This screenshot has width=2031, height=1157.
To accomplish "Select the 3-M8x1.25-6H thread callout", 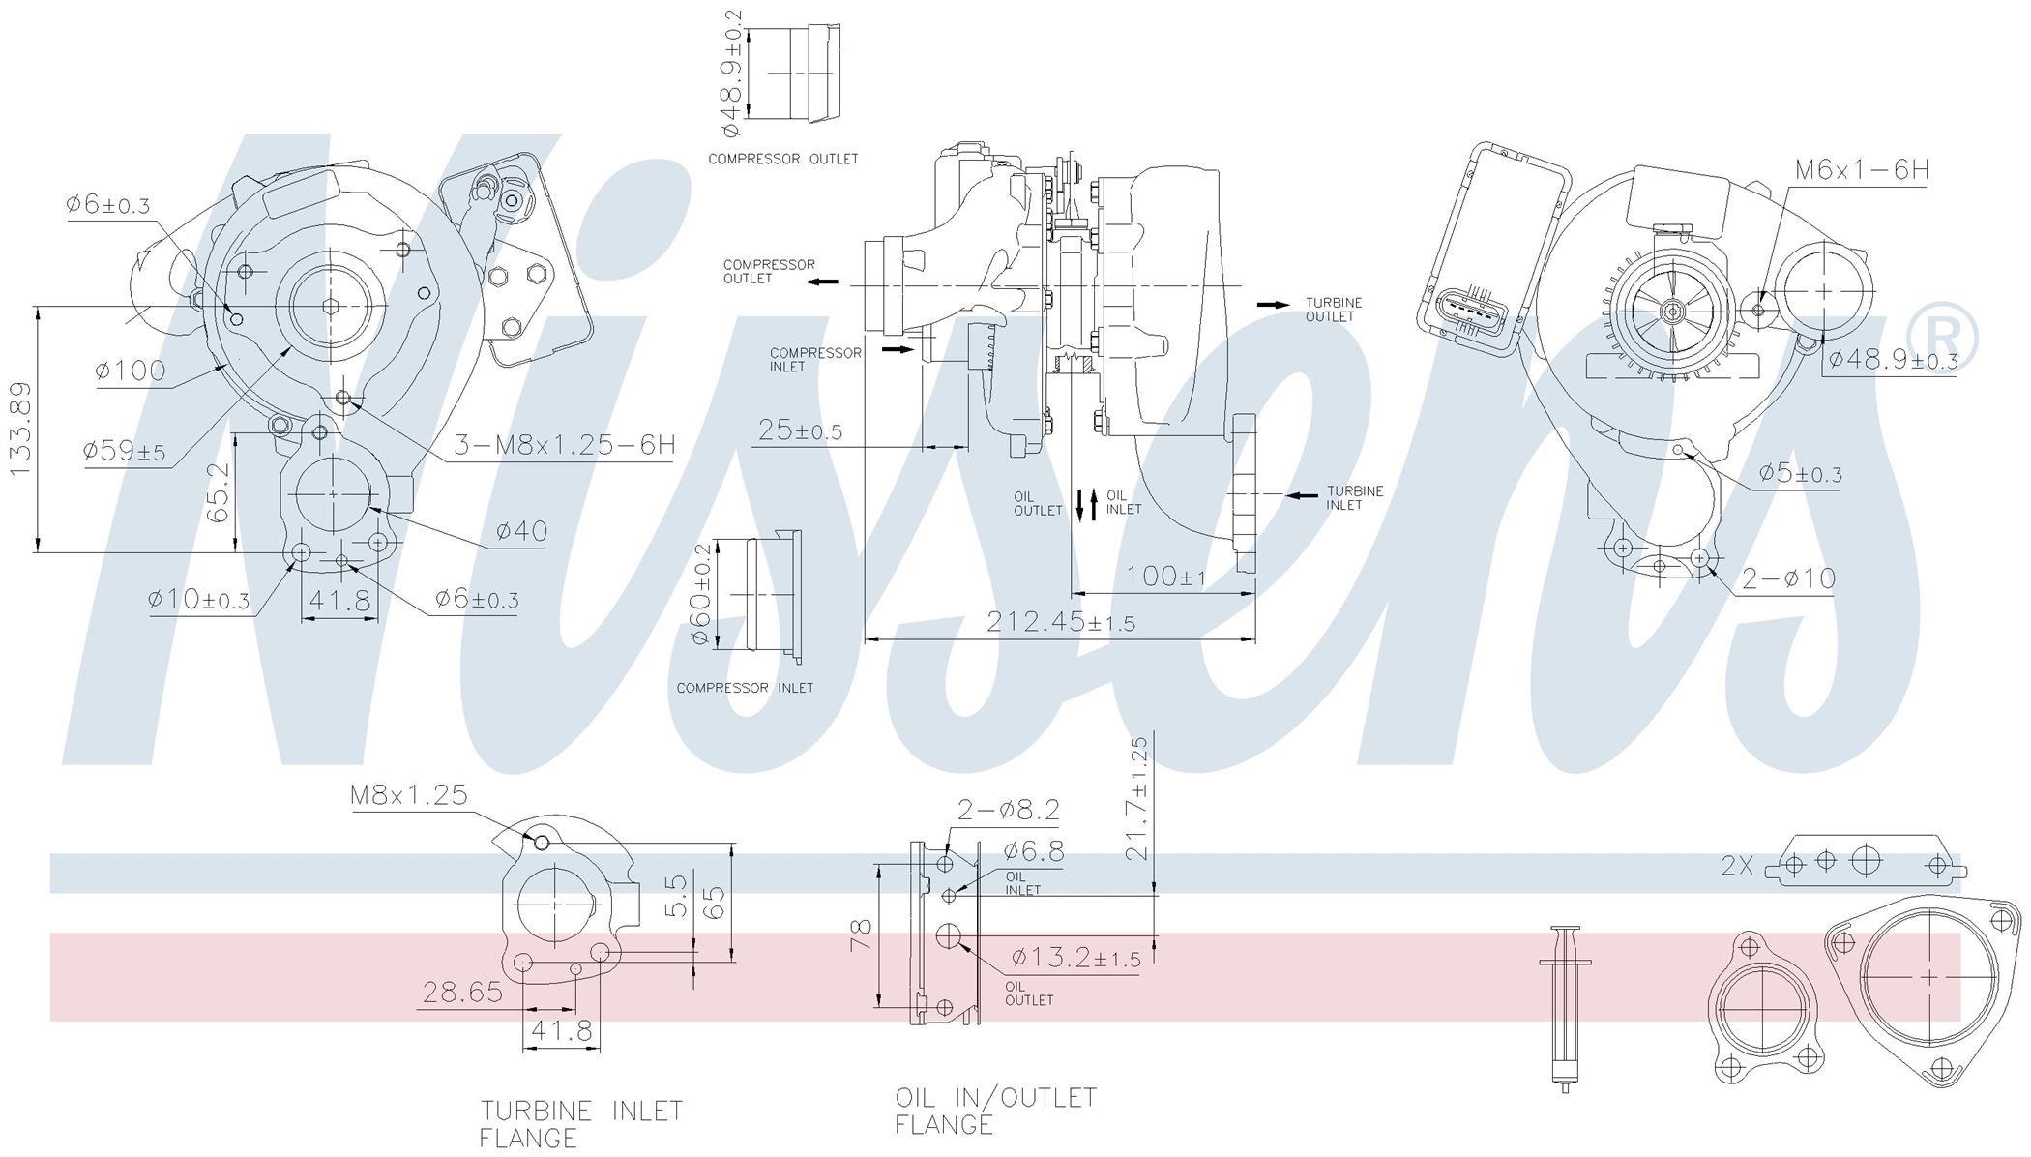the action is point(565,444).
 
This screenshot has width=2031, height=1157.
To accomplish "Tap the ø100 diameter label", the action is point(131,370).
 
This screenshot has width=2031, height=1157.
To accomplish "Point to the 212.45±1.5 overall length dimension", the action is point(1061,622).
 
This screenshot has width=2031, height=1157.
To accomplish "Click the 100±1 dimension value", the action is point(1166,577).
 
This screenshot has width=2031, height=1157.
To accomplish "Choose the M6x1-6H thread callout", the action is point(1862,169).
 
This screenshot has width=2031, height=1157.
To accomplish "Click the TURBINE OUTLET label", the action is point(1334,310).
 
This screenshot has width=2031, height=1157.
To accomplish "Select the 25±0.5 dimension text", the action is point(800,430).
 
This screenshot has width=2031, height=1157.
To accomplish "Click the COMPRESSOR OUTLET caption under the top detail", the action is point(783,159).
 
